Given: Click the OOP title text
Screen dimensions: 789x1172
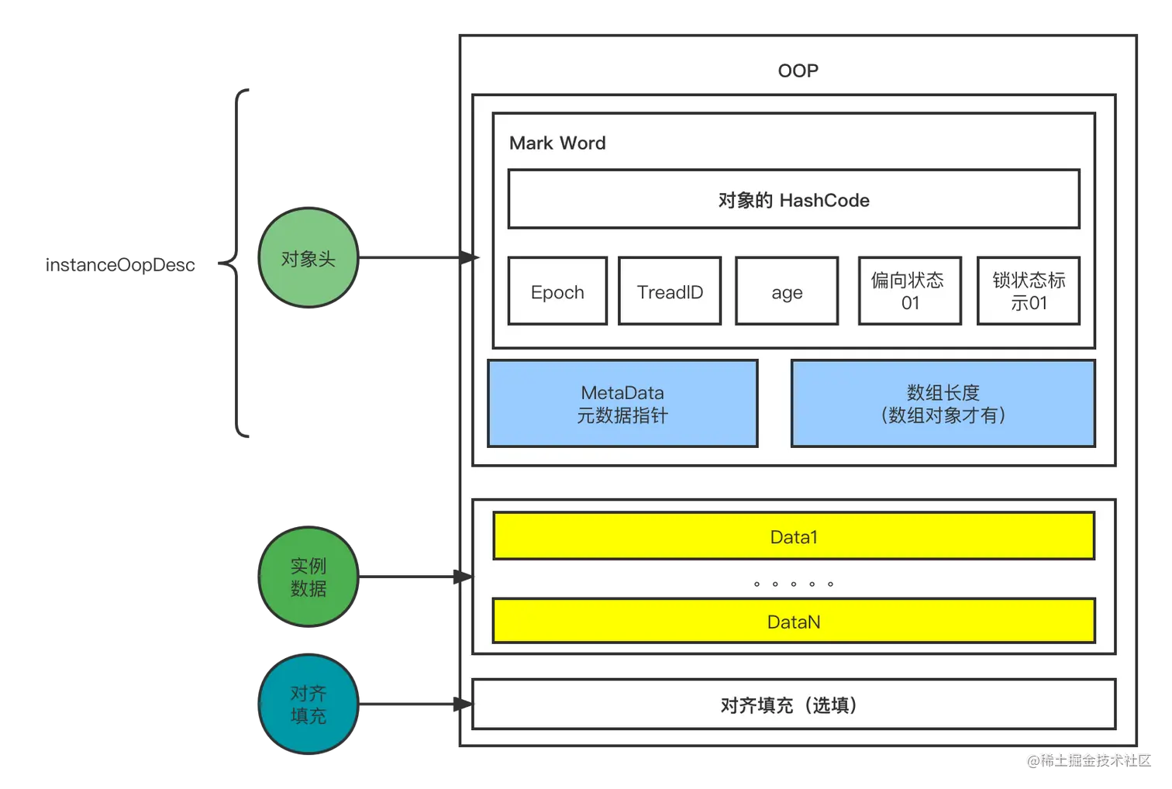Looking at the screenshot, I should pyautogui.click(x=798, y=71).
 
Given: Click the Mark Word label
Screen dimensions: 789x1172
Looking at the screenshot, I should pyautogui.click(x=557, y=143).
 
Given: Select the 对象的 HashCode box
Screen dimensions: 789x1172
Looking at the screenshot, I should pyautogui.click(x=794, y=200).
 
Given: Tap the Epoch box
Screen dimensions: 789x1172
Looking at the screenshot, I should pyautogui.click(x=557, y=291).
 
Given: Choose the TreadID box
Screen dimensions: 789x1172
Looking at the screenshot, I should pyautogui.click(x=670, y=291).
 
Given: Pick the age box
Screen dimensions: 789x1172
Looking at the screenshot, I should pyautogui.click(x=787, y=291).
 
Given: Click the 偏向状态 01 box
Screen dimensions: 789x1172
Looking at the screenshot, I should pyautogui.click(x=910, y=291).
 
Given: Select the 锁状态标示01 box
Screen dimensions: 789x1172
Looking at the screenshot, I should pyautogui.click(x=1029, y=291).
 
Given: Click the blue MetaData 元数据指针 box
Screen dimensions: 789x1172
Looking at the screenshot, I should pyautogui.click(x=622, y=403).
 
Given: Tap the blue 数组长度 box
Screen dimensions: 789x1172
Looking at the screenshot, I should pyautogui.click(x=943, y=403).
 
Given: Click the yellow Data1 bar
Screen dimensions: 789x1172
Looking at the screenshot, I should pyautogui.click(x=794, y=536).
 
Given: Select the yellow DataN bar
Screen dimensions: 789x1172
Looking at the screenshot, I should pyautogui.click(x=794, y=621).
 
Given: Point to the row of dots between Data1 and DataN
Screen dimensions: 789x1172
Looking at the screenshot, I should pyautogui.click(x=793, y=584).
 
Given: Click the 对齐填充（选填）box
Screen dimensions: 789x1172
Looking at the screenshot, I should pyautogui.click(x=794, y=705).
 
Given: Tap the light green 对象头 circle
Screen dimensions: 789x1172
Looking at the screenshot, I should pyautogui.click(x=309, y=259).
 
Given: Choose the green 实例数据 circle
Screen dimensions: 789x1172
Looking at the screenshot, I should pyautogui.click(x=309, y=577).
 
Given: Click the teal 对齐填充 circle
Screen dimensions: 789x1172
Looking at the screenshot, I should pyautogui.click(x=309, y=704).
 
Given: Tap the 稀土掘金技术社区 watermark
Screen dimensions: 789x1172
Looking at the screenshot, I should pyautogui.click(x=1088, y=759).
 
